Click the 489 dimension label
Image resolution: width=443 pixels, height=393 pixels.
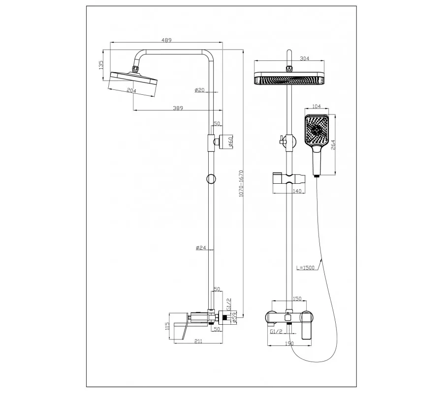pos(166,40)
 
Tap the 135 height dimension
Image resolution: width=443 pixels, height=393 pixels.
pos(101,65)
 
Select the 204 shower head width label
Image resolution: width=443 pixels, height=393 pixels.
pos(131,90)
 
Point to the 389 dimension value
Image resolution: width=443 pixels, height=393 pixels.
pos(178,108)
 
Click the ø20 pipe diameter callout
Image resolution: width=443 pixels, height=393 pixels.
pos(199,90)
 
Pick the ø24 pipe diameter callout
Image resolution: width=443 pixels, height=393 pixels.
pos(201,248)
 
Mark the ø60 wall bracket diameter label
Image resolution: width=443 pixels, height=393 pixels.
pos(230,141)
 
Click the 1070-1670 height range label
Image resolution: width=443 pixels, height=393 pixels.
pos(241,183)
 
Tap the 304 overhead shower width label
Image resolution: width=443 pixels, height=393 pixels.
pos(304,58)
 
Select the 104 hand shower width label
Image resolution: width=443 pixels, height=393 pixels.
pos(316,106)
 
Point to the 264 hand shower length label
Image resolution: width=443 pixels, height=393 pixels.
pos(333,145)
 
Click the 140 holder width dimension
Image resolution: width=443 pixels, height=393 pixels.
pos(297,191)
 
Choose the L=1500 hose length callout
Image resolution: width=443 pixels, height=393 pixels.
pos(305,268)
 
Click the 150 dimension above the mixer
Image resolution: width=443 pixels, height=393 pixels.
pos(297,299)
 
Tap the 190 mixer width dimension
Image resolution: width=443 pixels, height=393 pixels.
pos(289,343)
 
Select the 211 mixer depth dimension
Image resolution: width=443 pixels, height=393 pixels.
pos(198,341)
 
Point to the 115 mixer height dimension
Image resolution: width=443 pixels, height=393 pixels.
pos(167,326)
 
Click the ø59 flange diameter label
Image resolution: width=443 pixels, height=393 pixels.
pos(234,318)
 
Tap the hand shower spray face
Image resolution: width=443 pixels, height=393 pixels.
pos(316,130)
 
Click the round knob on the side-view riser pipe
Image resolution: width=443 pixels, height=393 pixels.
pos(211,179)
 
